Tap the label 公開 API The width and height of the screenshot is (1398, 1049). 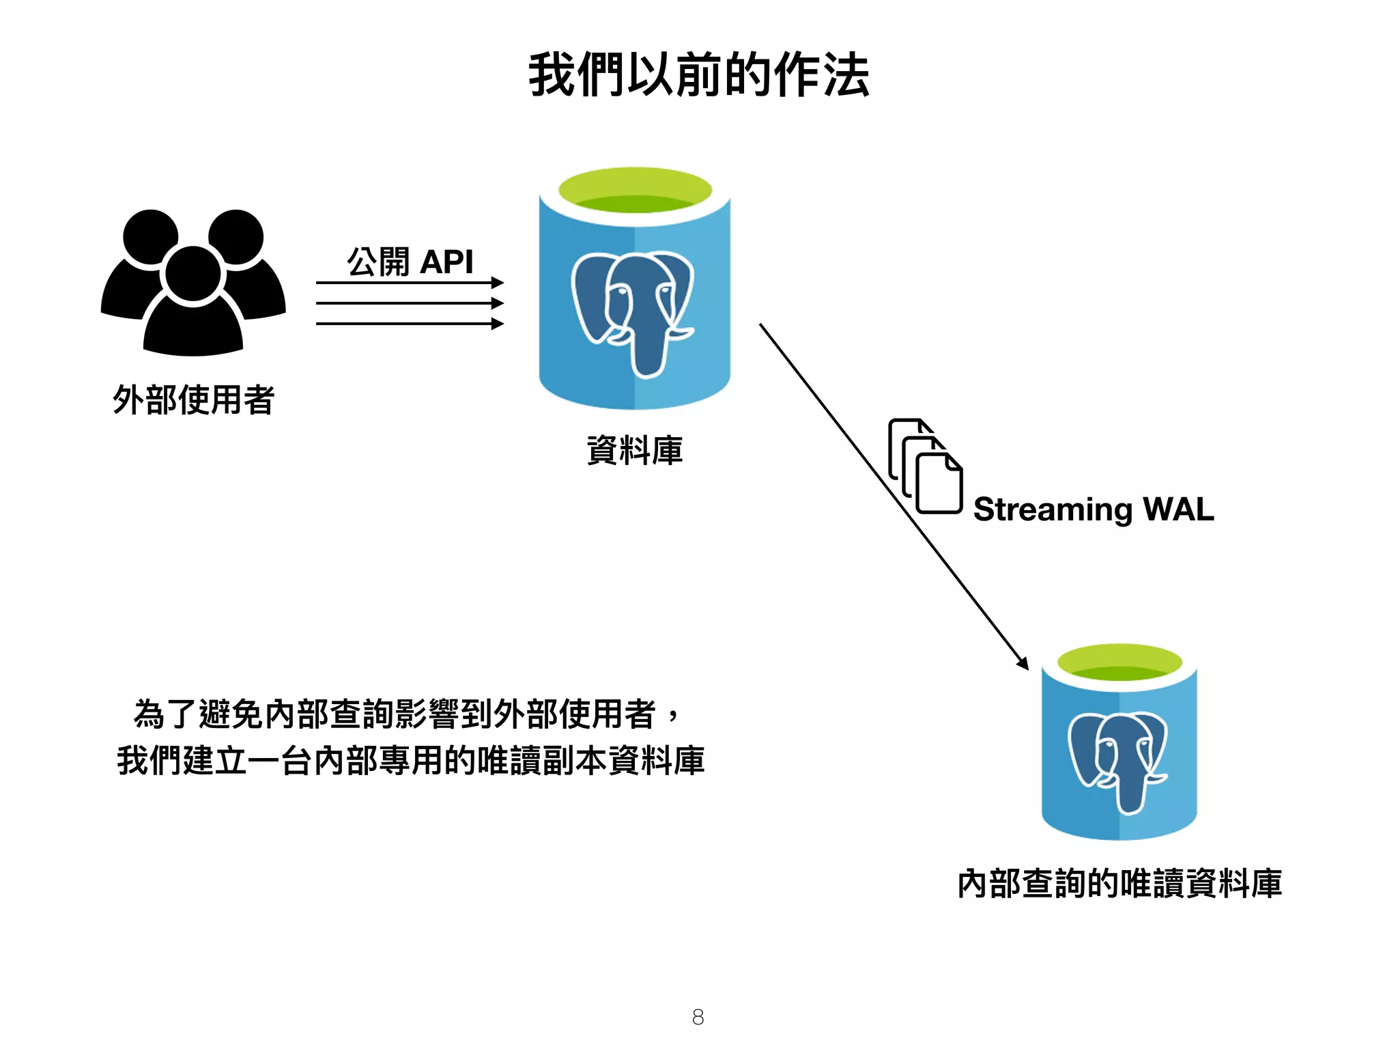click(410, 262)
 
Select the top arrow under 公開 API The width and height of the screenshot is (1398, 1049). click(410, 282)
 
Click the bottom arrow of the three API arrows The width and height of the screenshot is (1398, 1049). click(410, 324)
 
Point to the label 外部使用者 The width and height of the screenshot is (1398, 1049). click(193, 400)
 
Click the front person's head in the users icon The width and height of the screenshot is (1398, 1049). click(193, 273)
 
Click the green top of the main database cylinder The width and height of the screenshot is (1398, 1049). click(635, 190)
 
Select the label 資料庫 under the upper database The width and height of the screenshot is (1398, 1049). click(635, 451)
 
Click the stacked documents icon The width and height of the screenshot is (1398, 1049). click(926, 467)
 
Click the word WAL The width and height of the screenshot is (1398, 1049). click(1178, 509)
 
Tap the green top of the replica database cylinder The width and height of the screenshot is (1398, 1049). click(1119, 661)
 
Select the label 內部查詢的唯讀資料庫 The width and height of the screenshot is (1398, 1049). click(1119, 884)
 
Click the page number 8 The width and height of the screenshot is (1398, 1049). click(698, 1017)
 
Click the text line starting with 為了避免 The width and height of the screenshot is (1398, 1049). click(406, 714)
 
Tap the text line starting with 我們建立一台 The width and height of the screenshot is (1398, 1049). click(410, 761)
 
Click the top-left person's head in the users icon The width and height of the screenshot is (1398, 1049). click(151, 236)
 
